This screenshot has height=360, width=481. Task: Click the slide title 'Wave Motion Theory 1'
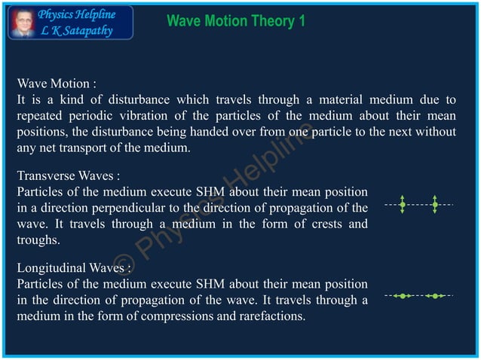235,21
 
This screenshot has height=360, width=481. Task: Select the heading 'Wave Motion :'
57,83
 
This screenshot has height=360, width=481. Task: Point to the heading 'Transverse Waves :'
68,176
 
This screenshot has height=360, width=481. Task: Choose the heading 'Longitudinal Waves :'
74,268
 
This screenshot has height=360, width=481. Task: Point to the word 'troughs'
38,239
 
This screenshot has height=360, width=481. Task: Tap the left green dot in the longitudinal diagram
403,296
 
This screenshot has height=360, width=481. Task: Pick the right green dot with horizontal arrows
435,296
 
